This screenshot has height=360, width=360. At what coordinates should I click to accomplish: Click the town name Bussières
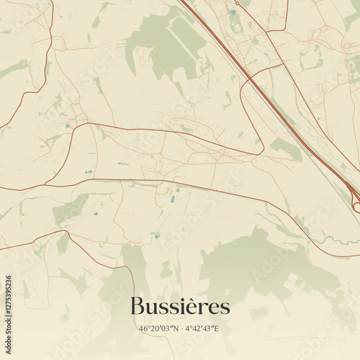point(180,307)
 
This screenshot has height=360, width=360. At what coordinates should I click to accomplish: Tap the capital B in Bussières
point(138,307)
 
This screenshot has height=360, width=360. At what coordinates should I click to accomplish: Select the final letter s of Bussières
point(225,308)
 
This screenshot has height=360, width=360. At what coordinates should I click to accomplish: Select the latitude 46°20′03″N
point(158,329)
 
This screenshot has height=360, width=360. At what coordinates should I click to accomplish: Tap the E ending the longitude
point(217,329)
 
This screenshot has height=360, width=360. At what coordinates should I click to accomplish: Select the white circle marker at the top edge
point(236,3)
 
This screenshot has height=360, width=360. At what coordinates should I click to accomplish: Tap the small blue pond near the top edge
point(233,12)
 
